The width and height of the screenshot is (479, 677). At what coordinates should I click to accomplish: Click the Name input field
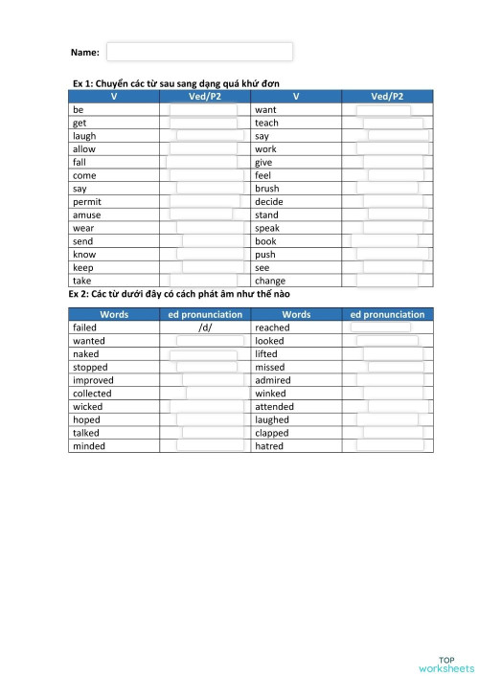(199, 52)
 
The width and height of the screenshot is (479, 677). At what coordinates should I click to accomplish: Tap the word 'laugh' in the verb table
(84, 136)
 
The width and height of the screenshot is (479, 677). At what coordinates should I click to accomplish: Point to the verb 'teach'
(266, 124)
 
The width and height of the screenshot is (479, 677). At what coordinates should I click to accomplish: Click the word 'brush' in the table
(267, 189)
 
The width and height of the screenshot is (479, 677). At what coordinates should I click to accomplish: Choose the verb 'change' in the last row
(270, 282)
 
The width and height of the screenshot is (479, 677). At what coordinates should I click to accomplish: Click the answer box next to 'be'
(203, 110)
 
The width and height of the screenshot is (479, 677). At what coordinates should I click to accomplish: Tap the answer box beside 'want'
(383, 110)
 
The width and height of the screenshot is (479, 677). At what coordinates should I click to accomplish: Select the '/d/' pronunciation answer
(205, 327)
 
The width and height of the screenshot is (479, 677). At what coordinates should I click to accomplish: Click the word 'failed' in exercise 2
(84, 327)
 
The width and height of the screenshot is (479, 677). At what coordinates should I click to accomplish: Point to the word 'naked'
(85, 354)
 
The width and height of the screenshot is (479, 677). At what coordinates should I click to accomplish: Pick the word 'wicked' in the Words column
(87, 407)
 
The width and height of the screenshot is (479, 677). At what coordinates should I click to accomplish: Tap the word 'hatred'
(269, 446)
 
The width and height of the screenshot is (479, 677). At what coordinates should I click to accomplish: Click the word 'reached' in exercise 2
(272, 327)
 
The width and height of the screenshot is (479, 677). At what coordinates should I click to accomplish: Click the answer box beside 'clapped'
(391, 433)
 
